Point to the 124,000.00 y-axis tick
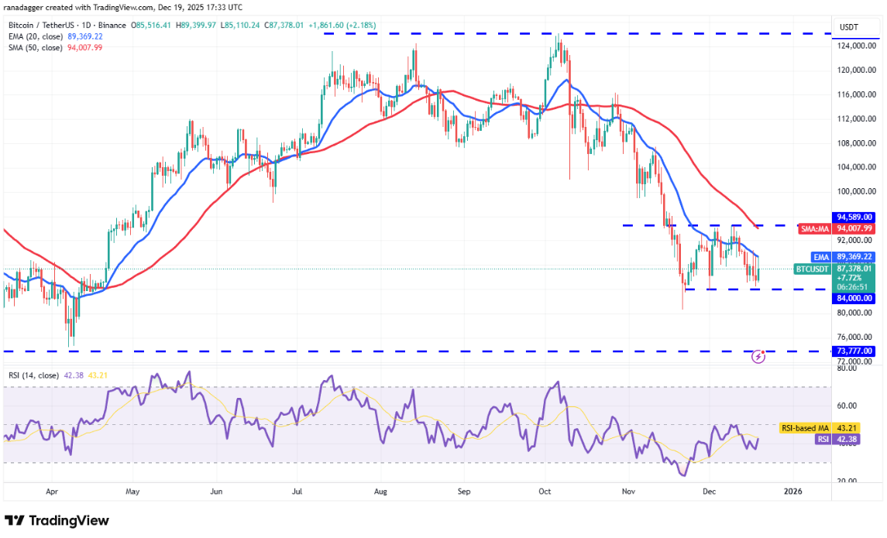click(x=855, y=46)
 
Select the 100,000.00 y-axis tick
click(x=855, y=191)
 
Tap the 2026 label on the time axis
click(x=792, y=491)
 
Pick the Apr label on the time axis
click(x=52, y=491)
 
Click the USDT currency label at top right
click(x=851, y=27)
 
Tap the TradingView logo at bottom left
click(x=57, y=520)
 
